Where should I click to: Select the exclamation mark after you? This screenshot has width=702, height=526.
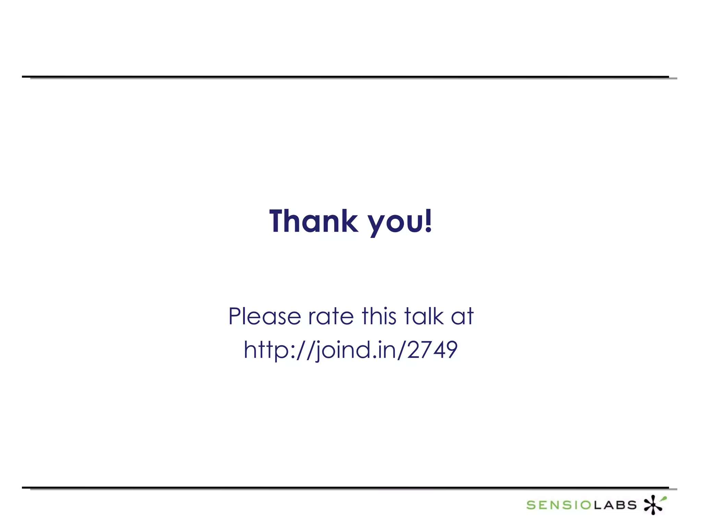pos(428,221)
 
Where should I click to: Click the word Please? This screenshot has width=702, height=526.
pos(265,316)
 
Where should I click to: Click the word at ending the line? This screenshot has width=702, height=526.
pos(462,316)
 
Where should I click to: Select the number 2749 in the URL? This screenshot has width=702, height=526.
pos(433,350)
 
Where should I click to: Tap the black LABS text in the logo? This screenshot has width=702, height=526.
pos(615,505)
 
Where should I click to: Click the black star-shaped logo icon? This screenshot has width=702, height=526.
pos(653,505)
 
